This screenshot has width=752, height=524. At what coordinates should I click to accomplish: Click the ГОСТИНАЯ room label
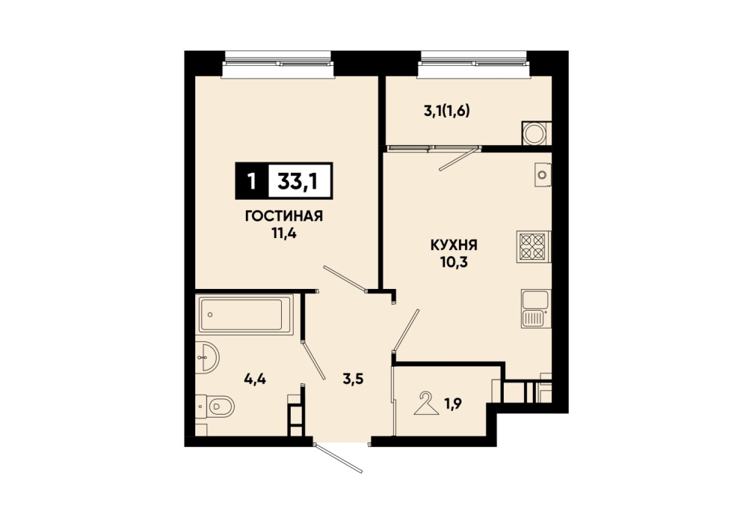click(x=284, y=216)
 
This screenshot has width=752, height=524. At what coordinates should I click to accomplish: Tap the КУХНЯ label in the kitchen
click(x=454, y=246)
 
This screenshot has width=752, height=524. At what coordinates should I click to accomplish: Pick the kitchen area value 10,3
click(x=454, y=263)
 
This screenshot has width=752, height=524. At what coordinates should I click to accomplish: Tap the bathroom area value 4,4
click(x=255, y=380)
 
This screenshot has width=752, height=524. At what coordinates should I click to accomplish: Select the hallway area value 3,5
click(x=353, y=379)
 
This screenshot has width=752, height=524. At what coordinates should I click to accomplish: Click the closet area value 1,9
click(x=453, y=404)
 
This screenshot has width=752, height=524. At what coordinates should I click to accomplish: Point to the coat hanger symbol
click(x=426, y=403)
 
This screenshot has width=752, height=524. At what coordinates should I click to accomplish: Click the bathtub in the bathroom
click(x=245, y=314)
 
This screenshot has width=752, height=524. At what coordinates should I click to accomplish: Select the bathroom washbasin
click(x=208, y=357)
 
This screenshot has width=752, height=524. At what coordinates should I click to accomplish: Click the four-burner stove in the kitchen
click(x=533, y=246)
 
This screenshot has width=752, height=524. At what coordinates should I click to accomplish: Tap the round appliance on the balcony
click(x=534, y=132)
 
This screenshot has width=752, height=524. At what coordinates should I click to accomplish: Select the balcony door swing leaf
click(x=459, y=159)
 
